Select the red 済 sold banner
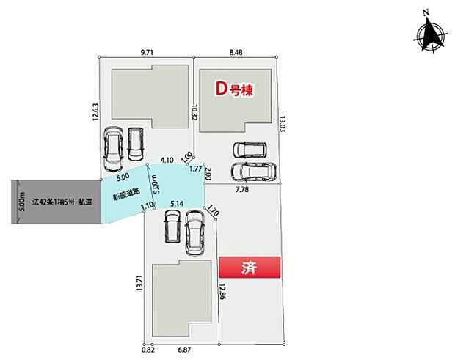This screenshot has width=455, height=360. pos(250,268)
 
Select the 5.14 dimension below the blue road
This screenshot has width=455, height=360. pos(176,204)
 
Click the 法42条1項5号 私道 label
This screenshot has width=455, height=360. pos(62,202)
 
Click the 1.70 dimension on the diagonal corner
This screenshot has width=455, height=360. pos(213,212)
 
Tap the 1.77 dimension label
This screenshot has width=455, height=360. pos(195,169)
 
